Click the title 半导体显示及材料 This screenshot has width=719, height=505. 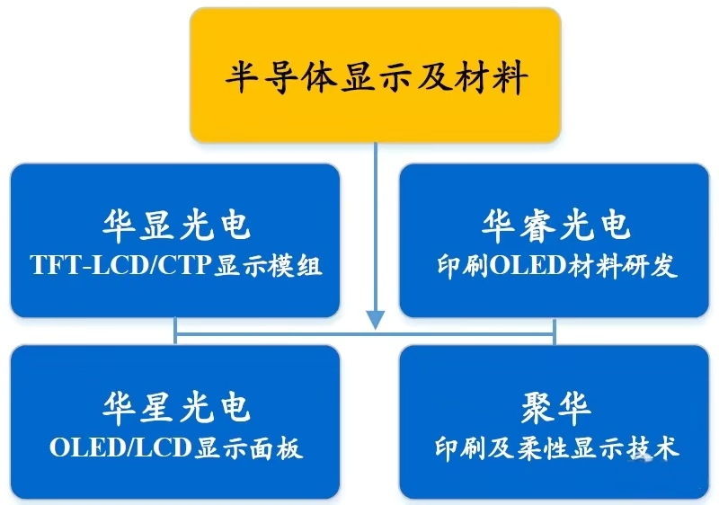pyautogui.click(x=376, y=77)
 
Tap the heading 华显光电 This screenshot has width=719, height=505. pyautogui.click(x=176, y=226)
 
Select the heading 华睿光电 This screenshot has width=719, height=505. pyautogui.click(x=555, y=226)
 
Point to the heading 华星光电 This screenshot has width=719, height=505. pyautogui.click(x=176, y=407)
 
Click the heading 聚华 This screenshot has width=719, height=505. pyautogui.click(x=555, y=409)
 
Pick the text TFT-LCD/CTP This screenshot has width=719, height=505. pyautogui.click(x=120, y=265)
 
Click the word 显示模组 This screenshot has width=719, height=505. pyautogui.click(x=269, y=265)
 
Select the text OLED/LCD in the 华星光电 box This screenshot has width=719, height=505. pyautogui.click(x=120, y=447)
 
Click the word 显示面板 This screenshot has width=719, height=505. pyautogui.click(x=249, y=447)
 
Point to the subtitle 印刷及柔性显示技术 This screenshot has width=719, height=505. pyautogui.click(x=556, y=447)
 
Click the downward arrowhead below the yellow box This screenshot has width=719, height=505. pyautogui.click(x=376, y=320)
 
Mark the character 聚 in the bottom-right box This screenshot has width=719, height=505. pyautogui.click(x=537, y=409)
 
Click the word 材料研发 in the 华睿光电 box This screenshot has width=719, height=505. pyautogui.click(x=622, y=265)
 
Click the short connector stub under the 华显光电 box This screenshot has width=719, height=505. pyautogui.click(x=175, y=330)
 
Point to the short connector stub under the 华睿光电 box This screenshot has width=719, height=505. pyautogui.click(x=555, y=332)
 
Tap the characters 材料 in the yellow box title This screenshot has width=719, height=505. pyautogui.click(x=491, y=77)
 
